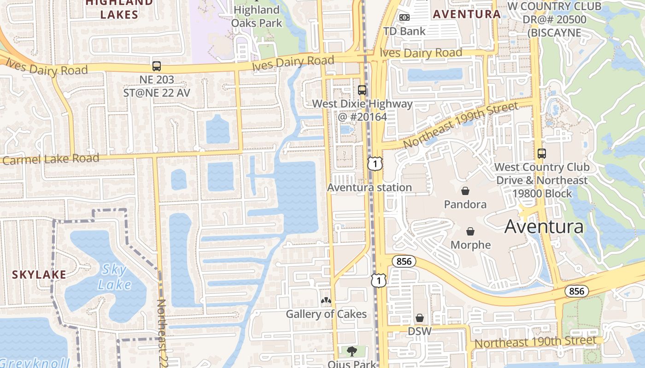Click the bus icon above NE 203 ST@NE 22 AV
point(156,66)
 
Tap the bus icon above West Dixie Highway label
point(362,90)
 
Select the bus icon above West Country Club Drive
point(542,154)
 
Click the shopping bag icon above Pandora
point(465,191)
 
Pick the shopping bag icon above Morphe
point(470,231)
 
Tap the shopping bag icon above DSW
point(420,318)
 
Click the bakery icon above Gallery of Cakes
point(326,301)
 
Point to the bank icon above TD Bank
point(405,17)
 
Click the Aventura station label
point(369,187)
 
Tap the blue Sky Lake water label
point(115,277)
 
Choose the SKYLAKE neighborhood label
point(39,275)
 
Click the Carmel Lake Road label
point(51,160)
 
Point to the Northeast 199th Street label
point(461,125)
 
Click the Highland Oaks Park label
point(257,16)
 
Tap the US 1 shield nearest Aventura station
point(375,163)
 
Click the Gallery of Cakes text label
point(326,314)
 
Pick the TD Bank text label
point(405,31)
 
